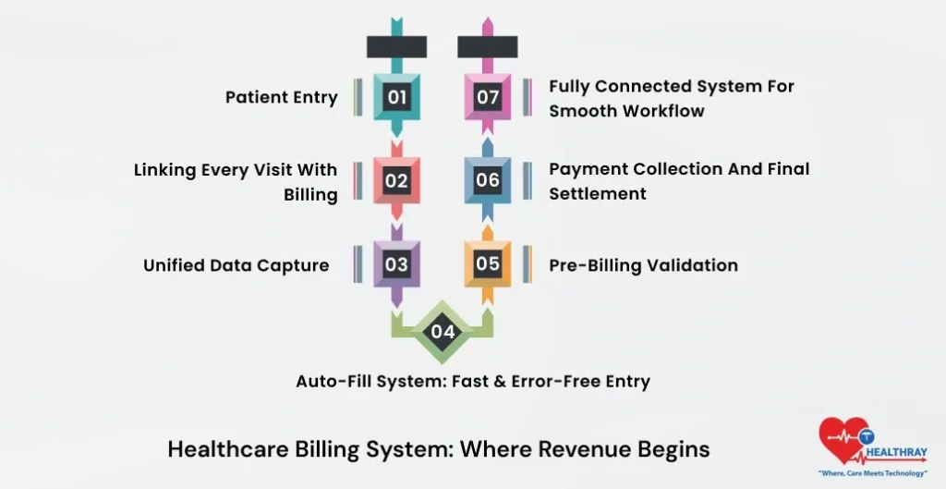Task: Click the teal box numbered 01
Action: pyautogui.click(x=396, y=97)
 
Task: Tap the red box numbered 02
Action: pyautogui.click(x=396, y=181)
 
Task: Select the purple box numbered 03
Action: pyautogui.click(x=396, y=264)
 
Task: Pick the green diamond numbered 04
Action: pyautogui.click(x=443, y=331)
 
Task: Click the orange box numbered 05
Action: pyautogui.click(x=488, y=263)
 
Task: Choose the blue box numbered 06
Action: pyautogui.click(x=488, y=181)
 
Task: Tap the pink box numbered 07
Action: pyautogui.click(x=488, y=97)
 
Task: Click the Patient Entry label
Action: pyautogui.click(x=282, y=97)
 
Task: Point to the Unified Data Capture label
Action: pyautogui.click(x=236, y=265)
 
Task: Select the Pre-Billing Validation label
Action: pyautogui.click(x=643, y=265)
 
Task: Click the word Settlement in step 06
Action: pyautogui.click(x=598, y=194)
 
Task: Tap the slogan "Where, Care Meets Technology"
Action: pyautogui.click(x=873, y=472)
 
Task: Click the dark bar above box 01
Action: pyautogui.click(x=396, y=47)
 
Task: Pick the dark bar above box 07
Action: pyautogui.click(x=488, y=47)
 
